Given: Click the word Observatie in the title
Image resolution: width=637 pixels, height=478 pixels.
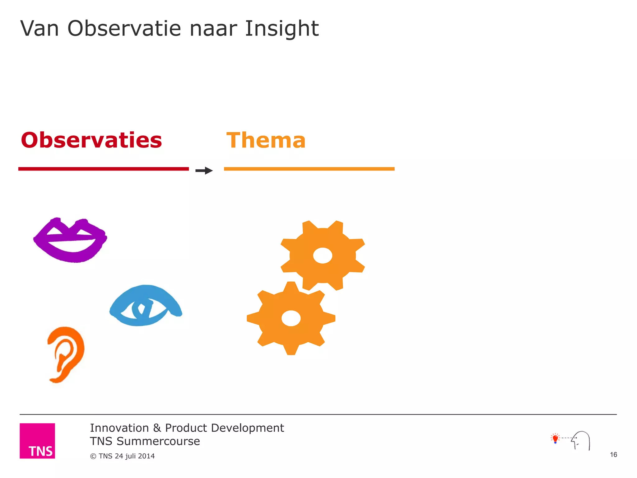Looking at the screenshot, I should [124, 29].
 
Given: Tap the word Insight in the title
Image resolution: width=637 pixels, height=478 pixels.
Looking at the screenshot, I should [281, 29].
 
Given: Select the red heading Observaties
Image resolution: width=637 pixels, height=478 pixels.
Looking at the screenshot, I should [91, 140].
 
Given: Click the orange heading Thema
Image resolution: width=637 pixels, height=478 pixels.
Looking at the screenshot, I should [266, 140].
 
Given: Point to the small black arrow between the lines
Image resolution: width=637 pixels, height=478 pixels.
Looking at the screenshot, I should [204, 171].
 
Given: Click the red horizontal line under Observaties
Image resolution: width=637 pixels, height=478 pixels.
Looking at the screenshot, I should [104, 169].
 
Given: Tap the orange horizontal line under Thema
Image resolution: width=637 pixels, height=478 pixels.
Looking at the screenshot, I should [309, 169].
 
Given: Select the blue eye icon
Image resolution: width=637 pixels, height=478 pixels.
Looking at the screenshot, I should [146, 306].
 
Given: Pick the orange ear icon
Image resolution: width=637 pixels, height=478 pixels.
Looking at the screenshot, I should [66, 354].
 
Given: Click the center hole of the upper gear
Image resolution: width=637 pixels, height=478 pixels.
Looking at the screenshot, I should [323, 256].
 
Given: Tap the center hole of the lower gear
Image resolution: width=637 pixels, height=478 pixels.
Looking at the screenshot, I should [291, 318].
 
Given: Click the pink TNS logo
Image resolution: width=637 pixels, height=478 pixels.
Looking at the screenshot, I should [37, 441].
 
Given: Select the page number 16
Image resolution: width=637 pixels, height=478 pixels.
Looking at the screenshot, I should [613, 455].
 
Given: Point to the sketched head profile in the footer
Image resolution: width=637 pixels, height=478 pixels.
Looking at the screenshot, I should [581, 440].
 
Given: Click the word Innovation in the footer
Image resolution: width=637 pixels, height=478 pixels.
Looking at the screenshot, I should [119, 428].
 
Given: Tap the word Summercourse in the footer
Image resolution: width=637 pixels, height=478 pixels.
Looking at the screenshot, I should [158, 441].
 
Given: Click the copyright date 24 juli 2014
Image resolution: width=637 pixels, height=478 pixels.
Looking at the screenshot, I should [134, 456].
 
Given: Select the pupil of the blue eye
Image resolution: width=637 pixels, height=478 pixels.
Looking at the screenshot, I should [141, 309].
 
